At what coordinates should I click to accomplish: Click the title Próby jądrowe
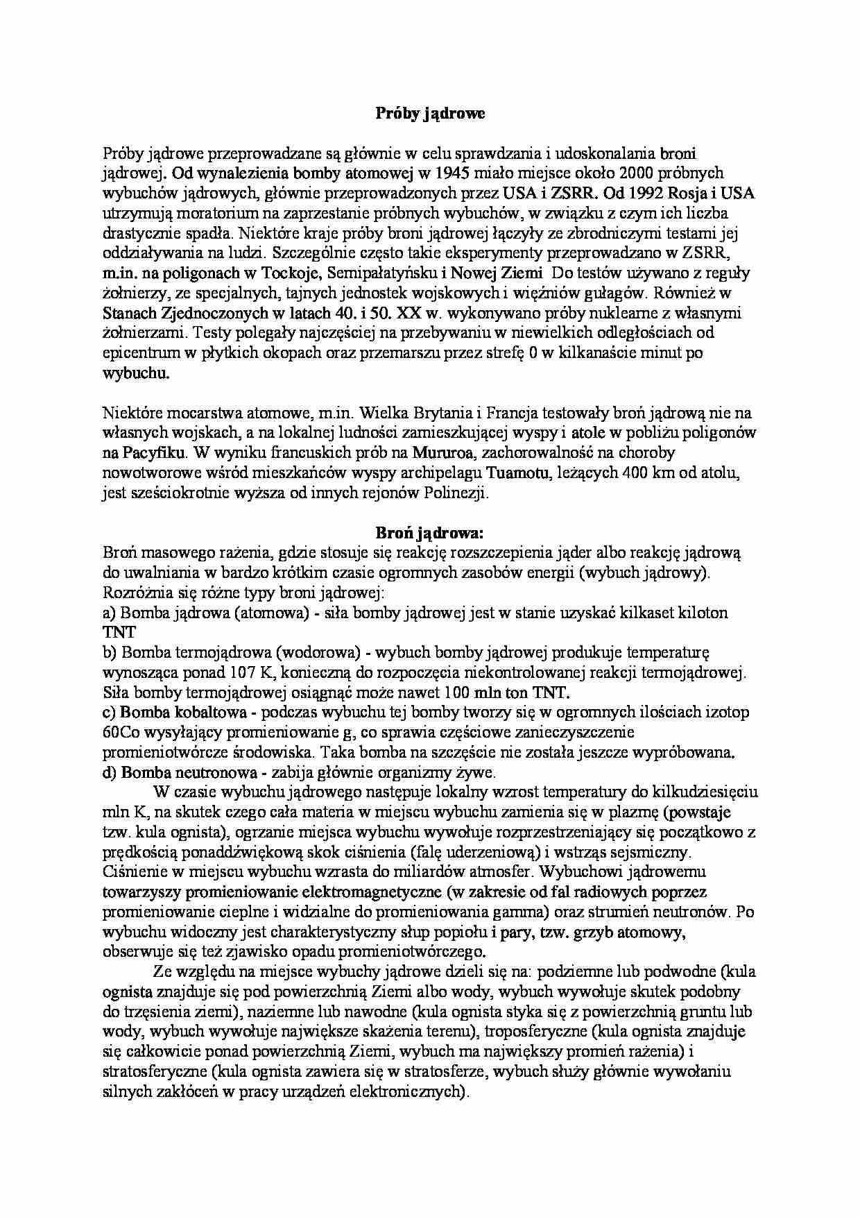click(x=430, y=114)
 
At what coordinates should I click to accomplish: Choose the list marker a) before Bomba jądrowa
click(x=110, y=613)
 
